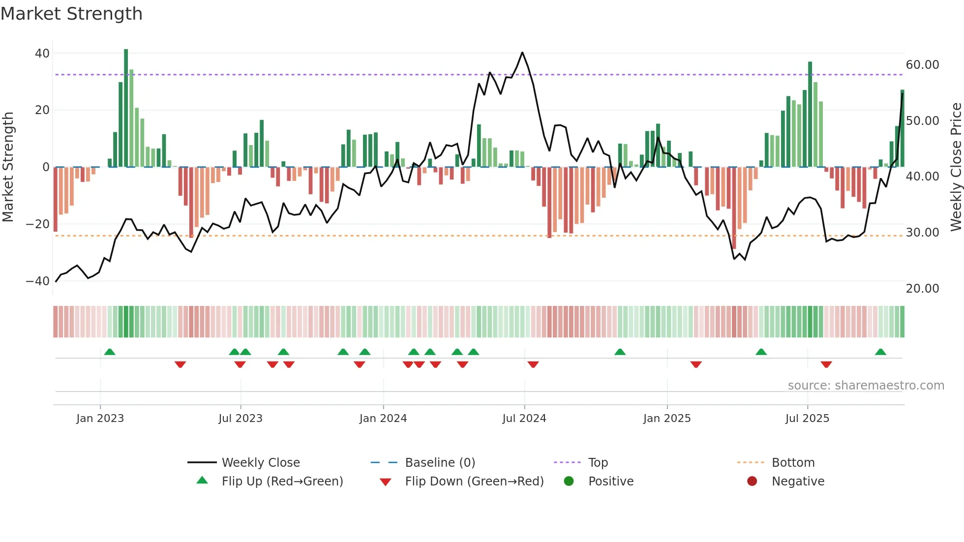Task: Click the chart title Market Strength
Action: [x=71, y=14]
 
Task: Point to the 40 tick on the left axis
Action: [x=42, y=53]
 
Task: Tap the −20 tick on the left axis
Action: [x=38, y=224]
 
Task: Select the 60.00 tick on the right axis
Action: [x=922, y=65]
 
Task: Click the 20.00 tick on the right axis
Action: [x=922, y=289]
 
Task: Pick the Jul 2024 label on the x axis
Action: [x=524, y=419]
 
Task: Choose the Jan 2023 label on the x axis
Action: [x=100, y=419]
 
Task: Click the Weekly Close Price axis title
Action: [x=956, y=167]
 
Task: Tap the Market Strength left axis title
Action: [x=8, y=167]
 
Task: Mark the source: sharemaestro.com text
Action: [x=866, y=386]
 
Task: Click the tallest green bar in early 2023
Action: [x=126, y=108]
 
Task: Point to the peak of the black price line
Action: [x=522, y=53]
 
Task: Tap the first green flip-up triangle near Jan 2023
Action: [x=110, y=352]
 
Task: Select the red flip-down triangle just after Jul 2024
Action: [x=533, y=364]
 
